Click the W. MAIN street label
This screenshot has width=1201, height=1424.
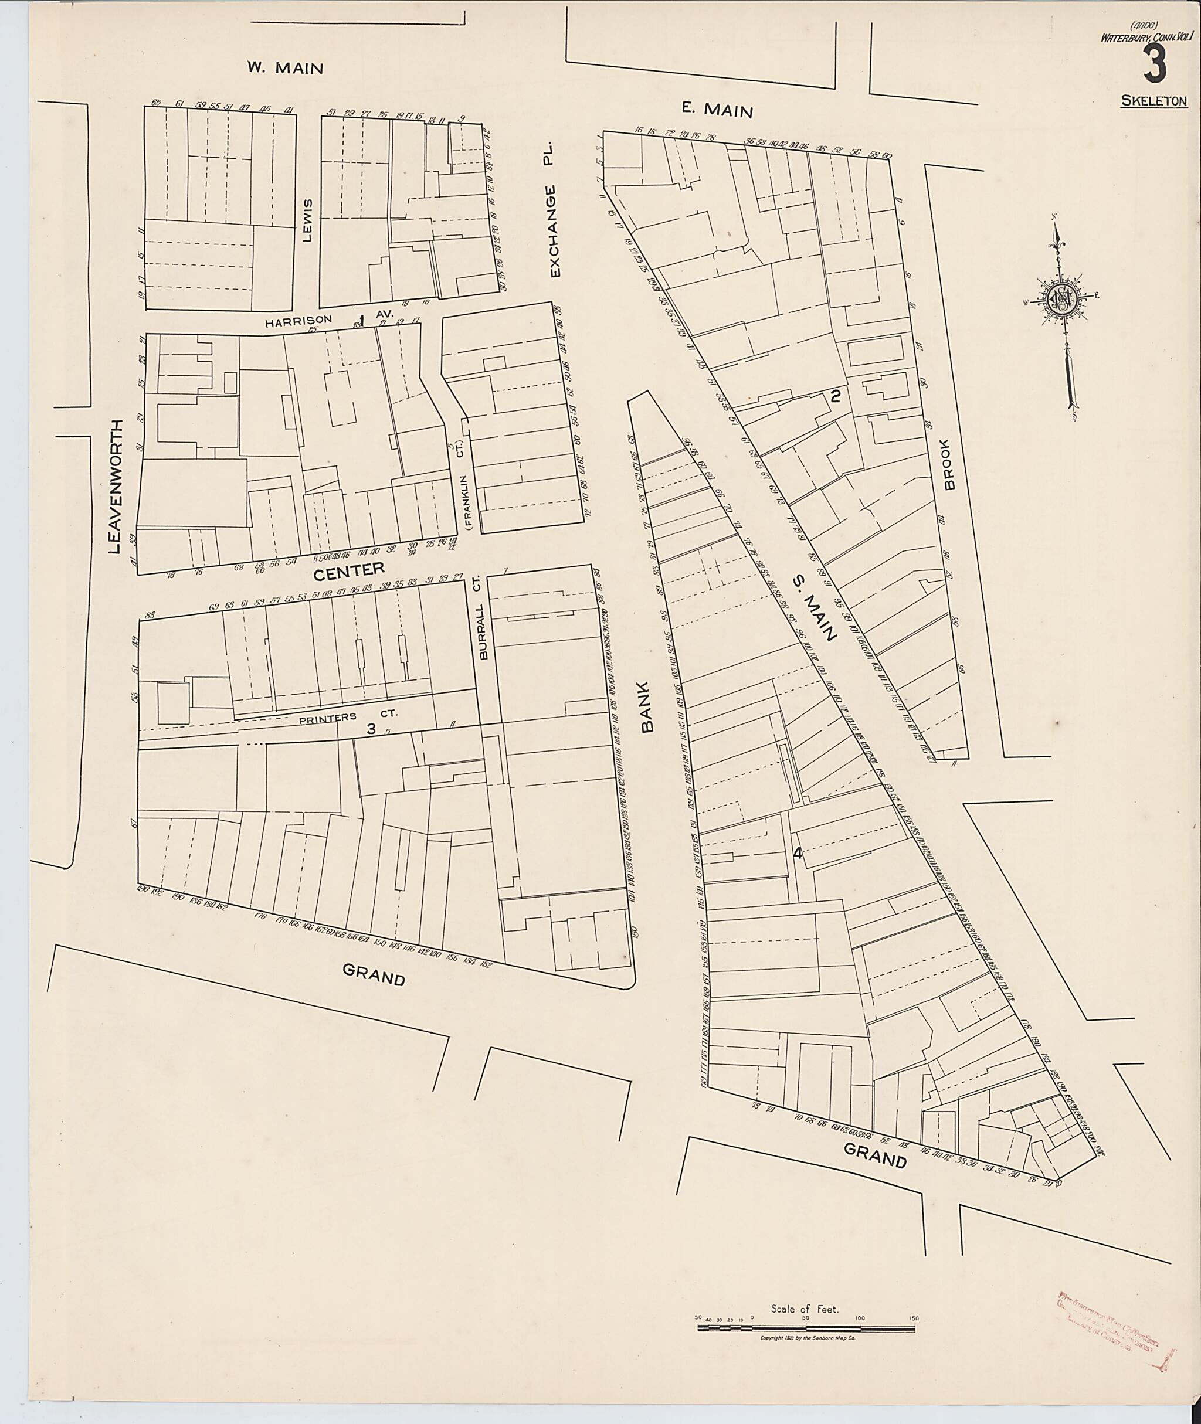point(284,67)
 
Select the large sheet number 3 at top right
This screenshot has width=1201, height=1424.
point(1155,66)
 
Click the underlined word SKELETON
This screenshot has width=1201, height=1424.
point(1154,101)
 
